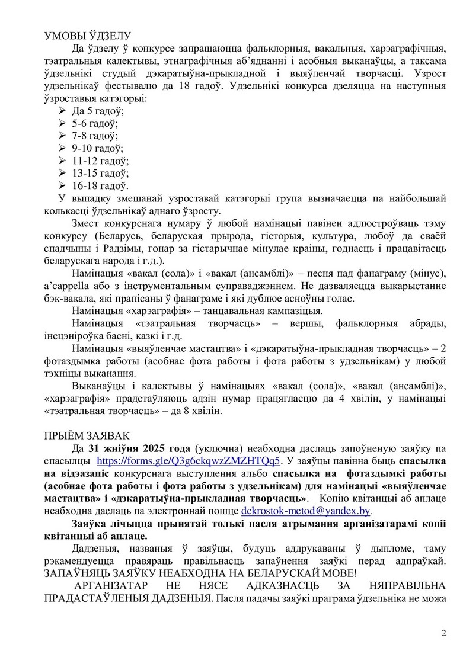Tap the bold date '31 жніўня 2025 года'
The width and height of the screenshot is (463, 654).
click(x=135, y=447)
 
